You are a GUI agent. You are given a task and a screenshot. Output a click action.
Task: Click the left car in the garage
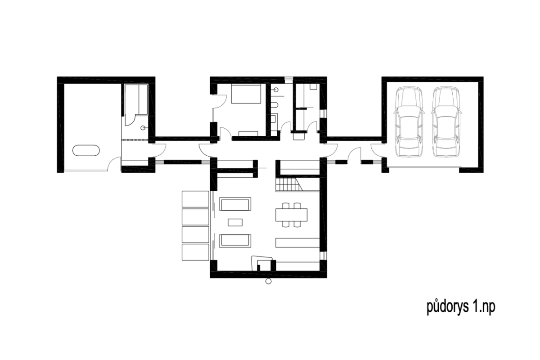pyautogui.click(x=409, y=121)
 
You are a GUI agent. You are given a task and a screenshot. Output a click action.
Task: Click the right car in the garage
pyautogui.click(x=446, y=121)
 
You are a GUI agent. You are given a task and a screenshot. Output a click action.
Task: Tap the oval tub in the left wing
pyautogui.click(x=86, y=150)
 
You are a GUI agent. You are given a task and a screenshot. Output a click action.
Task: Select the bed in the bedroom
pyautogui.click(x=246, y=94)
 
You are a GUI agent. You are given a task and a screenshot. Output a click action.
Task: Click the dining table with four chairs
pyautogui.click(x=292, y=215)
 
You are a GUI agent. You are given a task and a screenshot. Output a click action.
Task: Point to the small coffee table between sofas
pyautogui.click(x=235, y=222)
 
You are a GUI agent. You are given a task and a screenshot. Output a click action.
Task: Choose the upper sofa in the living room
pyautogui.click(x=235, y=204)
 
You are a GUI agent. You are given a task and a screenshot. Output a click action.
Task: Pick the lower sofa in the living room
pyautogui.click(x=235, y=241)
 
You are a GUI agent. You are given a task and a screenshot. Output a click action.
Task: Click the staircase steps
pyautogui.click(x=289, y=184)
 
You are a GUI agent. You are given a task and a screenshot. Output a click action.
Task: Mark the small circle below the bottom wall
pyautogui.click(x=268, y=281)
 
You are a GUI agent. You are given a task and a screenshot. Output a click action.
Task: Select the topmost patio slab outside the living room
pyautogui.click(x=195, y=199)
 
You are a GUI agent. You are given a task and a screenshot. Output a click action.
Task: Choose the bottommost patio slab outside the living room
pyautogui.click(x=195, y=252)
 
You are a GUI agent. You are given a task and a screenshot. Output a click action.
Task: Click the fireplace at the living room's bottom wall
pyautogui.click(x=263, y=263)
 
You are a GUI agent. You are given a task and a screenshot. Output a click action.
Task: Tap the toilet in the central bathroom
pyautogui.click(x=274, y=105)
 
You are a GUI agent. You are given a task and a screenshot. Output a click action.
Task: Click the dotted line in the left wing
pyautogui.click(x=135, y=139)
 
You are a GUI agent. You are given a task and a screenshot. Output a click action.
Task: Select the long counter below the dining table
pyautogui.click(x=298, y=243)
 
